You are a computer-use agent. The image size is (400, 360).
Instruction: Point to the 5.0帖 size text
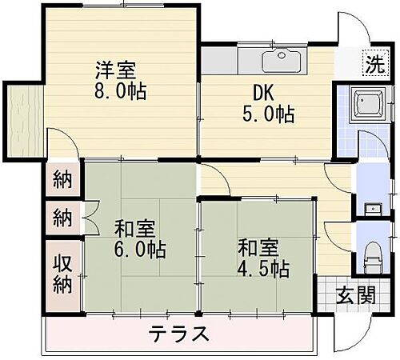[267, 114]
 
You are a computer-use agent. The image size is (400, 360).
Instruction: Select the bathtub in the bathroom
[370, 105]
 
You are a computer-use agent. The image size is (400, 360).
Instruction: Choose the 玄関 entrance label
[355, 294]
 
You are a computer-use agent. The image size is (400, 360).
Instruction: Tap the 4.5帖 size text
[262, 268]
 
